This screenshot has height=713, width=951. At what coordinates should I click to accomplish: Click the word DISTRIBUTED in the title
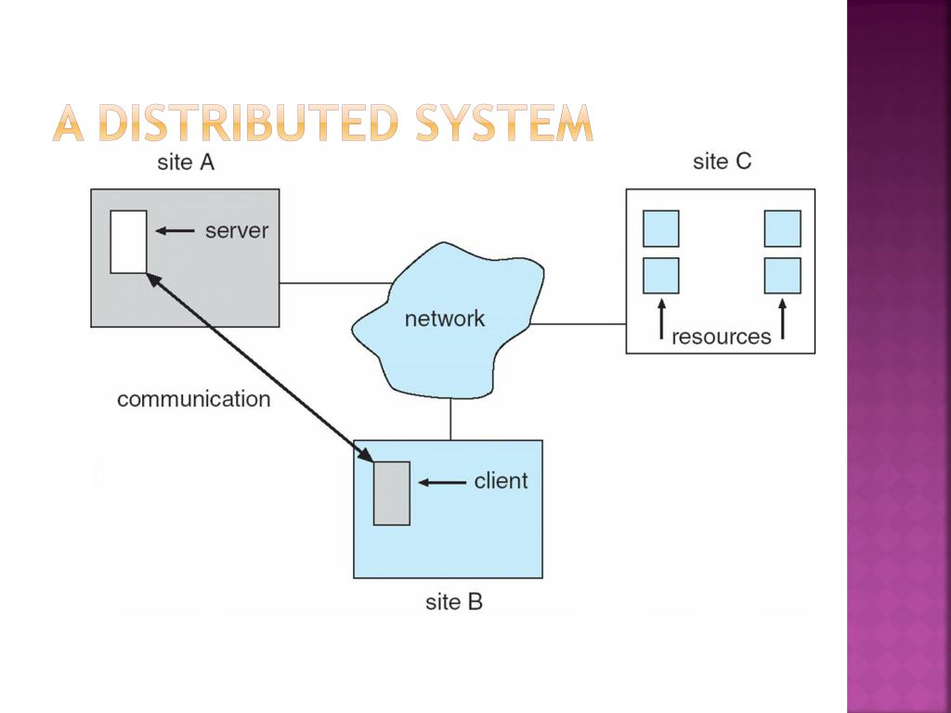pyautogui.click(x=252, y=123)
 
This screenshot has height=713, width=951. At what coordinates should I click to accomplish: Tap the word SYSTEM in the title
pyautogui.click(x=503, y=123)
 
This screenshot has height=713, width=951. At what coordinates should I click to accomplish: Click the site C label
pyautogui.click(x=722, y=162)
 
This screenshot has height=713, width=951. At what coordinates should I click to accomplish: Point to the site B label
pyautogui.click(x=454, y=602)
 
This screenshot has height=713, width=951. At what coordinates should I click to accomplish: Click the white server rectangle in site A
pyautogui.click(x=128, y=241)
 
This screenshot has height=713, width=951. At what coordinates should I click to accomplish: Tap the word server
pyautogui.click(x=236, y=230)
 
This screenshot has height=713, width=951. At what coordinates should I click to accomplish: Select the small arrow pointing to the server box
pyautogui.click(x=175, y=230)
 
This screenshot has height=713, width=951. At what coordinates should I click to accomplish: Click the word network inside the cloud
pyautogui.click(x=444, y=318)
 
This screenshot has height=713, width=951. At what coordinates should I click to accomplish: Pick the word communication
pyautogui.click(x=193, y=399)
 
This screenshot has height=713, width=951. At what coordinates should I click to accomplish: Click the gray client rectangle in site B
pyautogui.click(x=391, y=493)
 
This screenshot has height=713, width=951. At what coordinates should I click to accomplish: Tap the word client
pyautogui.click(x=500, y=481)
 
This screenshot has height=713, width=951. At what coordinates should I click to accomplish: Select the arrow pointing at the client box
pyautogui.click(x=442, y=482)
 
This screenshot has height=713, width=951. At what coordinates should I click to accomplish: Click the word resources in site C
pyautogui.click(x=721, y=337)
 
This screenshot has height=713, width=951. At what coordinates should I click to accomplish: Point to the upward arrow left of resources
pyautogui.click(x=660, y=319)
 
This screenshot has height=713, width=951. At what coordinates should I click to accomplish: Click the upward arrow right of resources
pyautogui.click(x=782, y=319)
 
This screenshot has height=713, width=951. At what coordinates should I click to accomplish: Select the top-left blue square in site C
pyautogui.click(x=660, y=228)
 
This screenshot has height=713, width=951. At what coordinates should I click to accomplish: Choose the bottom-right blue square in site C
pyautogui.click(x=782, y=276)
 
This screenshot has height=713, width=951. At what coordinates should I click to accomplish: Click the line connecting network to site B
pyautogui.click(x=450, y=419)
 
